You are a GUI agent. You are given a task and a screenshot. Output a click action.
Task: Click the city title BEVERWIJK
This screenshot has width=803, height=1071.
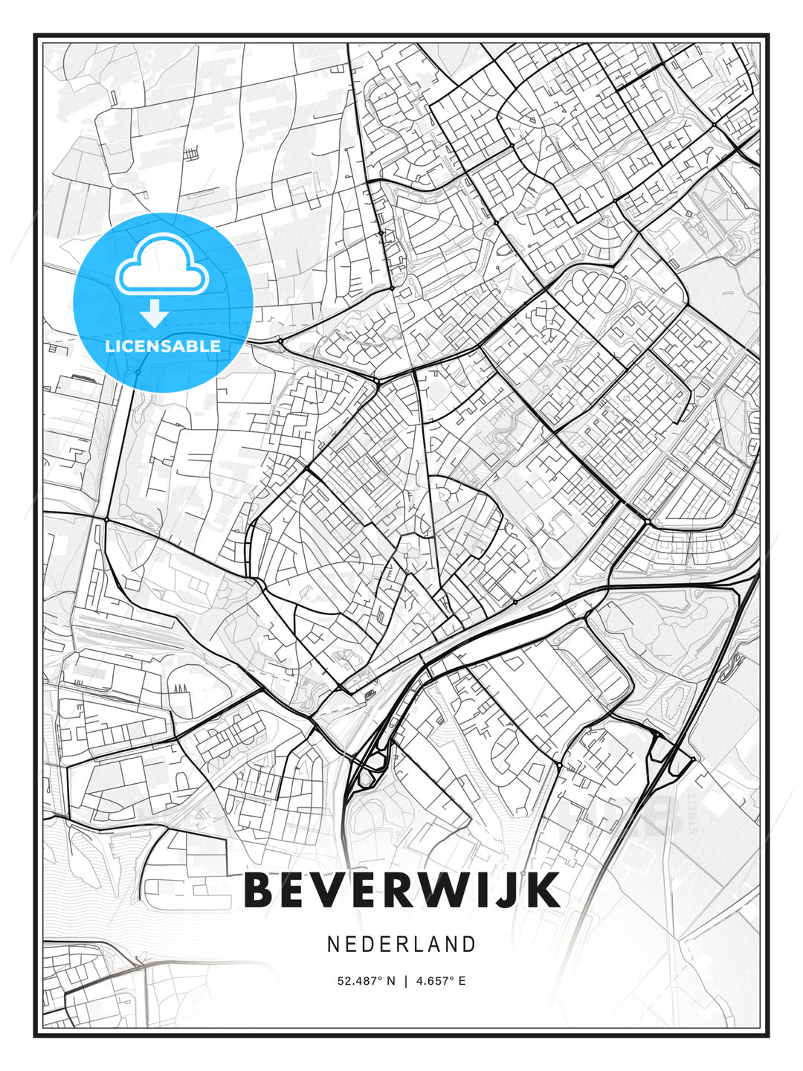401,890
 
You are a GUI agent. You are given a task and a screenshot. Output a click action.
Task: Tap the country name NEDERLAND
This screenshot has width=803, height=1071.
401,944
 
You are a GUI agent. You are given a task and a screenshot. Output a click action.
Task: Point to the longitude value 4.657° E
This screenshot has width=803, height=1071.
441,981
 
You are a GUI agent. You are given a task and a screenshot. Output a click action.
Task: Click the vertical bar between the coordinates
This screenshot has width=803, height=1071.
406,981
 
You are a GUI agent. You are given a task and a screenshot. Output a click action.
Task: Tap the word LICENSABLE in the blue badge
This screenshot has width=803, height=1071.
163,346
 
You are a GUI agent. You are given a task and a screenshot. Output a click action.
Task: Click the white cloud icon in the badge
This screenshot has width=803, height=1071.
160,265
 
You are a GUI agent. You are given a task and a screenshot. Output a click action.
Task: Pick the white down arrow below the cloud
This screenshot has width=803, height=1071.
155,314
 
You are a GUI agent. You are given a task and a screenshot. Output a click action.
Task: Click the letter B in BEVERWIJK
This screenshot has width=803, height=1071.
259,890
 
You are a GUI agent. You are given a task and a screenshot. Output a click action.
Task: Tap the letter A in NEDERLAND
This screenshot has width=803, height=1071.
433,944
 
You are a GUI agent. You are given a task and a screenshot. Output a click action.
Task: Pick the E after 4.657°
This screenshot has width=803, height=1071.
462,981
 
